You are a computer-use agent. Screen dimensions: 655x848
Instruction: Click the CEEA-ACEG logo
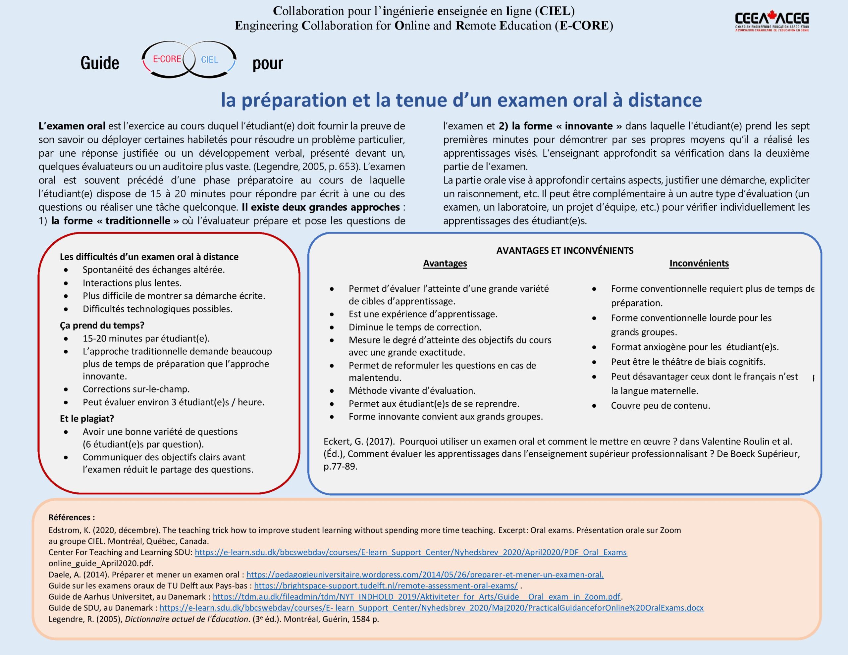tap(771, 21)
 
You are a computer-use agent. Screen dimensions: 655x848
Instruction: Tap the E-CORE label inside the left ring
tap(167, 59)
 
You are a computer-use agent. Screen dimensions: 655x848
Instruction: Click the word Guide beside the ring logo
tap(100, 63)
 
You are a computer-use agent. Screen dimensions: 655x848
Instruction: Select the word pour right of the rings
tap(268, 64)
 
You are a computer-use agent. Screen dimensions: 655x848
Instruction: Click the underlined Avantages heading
tap(445, 263)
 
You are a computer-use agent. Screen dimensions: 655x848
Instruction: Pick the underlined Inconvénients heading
tap(699, 263)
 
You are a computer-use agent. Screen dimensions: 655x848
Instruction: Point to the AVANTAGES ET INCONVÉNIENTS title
tap(564, 250)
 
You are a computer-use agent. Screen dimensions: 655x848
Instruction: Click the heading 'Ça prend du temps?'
tap(102, 326)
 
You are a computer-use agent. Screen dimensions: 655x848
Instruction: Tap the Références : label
tap(72, 517)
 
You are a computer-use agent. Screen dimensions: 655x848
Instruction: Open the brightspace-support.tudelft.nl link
tap(386, 585)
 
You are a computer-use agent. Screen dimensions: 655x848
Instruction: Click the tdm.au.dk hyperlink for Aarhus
tap(416, 597)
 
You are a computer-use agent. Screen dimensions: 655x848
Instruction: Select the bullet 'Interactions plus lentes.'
tap(132, 283)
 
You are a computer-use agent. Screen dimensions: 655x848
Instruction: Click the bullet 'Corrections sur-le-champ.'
tap(136, 389)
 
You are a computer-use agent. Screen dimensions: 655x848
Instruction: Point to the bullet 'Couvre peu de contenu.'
tap(660, 406)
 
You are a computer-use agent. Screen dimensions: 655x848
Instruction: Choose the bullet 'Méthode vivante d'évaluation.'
tap(411, 391)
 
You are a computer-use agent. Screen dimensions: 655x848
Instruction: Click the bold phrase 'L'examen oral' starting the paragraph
tap(72, 126)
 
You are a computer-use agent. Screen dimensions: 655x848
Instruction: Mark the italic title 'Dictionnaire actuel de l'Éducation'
tap(187, 619)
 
